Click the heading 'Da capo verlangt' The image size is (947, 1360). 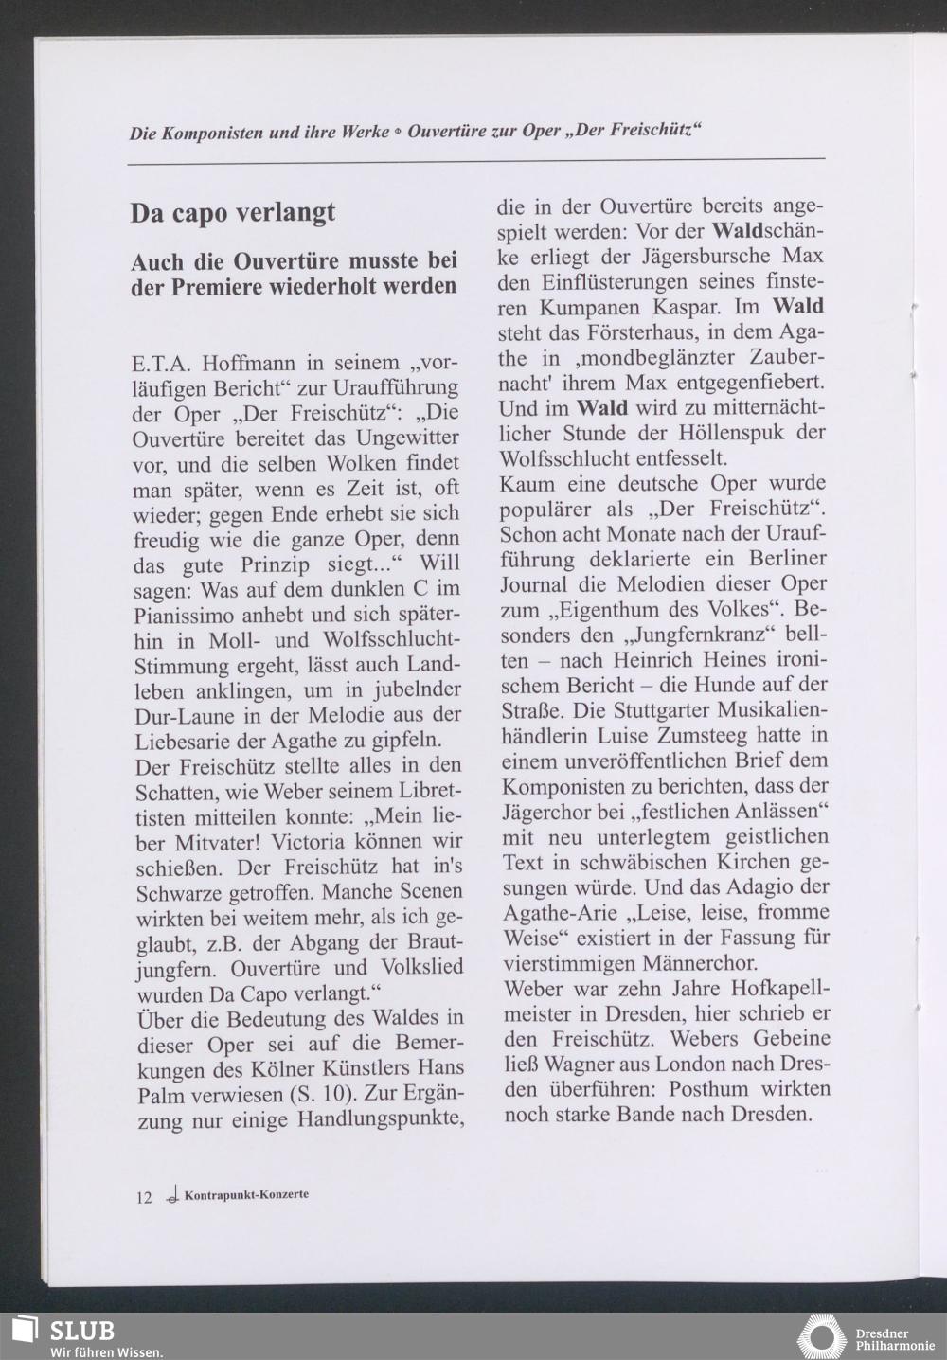tap(233, 212)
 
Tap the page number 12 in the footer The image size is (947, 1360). tap(143, 1197)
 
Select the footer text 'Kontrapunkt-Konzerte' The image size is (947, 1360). tap(246, 1194)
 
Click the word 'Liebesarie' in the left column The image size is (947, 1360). tap(183, 740)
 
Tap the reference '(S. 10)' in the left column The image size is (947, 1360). tap(325, 1095)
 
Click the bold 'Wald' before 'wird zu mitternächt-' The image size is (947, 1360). tap(602, 408)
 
